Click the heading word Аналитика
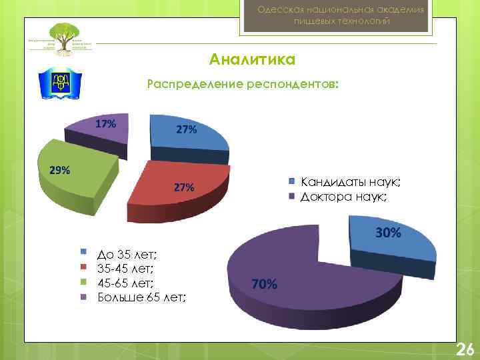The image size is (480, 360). (252, 60)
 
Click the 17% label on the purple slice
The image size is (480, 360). (105, 124)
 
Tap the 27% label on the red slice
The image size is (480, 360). (184, 188)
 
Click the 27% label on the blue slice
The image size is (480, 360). (186, 129)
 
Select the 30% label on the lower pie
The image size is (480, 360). (388, 233)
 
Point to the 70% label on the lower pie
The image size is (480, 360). (264, 284)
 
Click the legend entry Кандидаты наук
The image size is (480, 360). (350, 181)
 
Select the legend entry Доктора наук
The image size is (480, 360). (343, 197)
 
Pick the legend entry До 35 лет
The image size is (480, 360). (126, 254)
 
